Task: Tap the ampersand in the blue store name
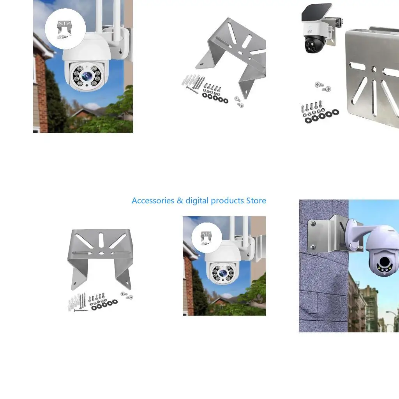click(x=180, y=201)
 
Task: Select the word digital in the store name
click(x=197, y=201)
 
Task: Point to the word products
click(x=227, y=201)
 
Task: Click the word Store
click(x=256, y=201)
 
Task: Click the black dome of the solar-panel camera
click(x=314, y=44)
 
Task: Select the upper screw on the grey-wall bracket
click(x=313, y=223)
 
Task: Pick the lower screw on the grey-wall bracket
click(x=313, y=247)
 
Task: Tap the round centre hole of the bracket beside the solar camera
click(x=374, y=69)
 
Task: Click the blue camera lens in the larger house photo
click(x=87, y=76)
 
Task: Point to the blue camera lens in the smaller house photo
click(x=223, y=273)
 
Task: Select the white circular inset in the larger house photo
click(x=65, y=29)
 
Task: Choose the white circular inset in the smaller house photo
click(x=207, y=238)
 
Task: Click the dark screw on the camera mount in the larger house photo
click(x=120, y=52)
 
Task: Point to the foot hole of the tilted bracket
click(x=201, y=64)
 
